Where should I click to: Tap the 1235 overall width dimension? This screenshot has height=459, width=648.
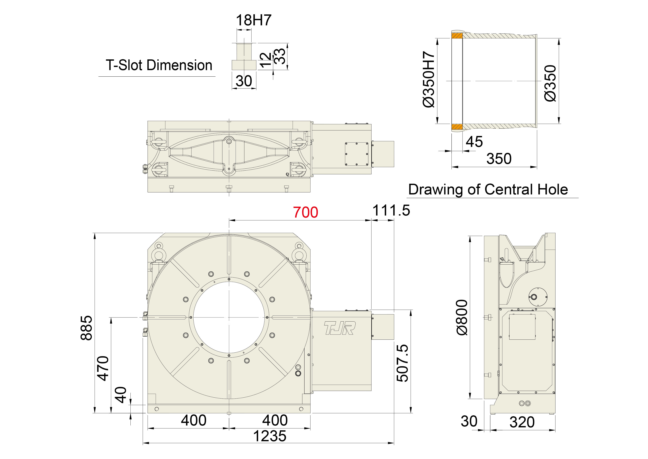pyautogui.click(x=270, y=436)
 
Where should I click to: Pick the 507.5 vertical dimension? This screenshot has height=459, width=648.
pyautogui.click(x=402, y=363)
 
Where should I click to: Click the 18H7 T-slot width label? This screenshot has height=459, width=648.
pyautogui.click(x=253, y=20)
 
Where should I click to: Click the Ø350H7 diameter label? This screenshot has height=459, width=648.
pyautogui.click(x=428, y=79)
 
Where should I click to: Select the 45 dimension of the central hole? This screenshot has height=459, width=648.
pyautogui.click(x=474, y=142)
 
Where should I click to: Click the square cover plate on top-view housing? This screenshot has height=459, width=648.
pyautogui.click(x=357, y=154)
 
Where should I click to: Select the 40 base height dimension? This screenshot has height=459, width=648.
pyautogui.click(x=120, y=395)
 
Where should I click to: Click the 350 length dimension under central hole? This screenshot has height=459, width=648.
pyautogui.click(x=499, y=159)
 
